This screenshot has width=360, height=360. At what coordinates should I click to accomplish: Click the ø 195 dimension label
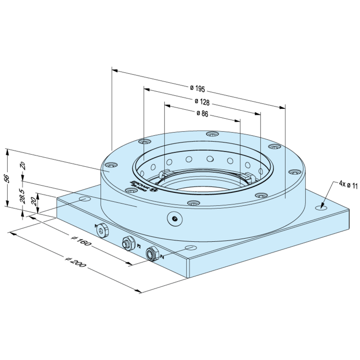(197, 89)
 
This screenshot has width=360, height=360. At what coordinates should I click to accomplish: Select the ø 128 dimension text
(202, 102)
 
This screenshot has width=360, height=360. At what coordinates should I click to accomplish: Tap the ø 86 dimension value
(202, 114)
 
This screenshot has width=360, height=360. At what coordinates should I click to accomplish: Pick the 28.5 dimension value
(22, 196)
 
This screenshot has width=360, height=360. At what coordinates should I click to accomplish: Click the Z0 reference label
(22, 166)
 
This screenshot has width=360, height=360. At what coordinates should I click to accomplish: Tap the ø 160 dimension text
(80, 242)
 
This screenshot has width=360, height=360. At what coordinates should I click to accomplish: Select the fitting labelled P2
(127, 243)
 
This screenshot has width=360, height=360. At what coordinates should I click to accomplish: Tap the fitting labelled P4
(151, 253)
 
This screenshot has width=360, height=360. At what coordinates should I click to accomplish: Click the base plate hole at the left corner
(84, 199)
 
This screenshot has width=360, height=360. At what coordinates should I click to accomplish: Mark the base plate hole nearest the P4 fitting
(189, 248)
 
